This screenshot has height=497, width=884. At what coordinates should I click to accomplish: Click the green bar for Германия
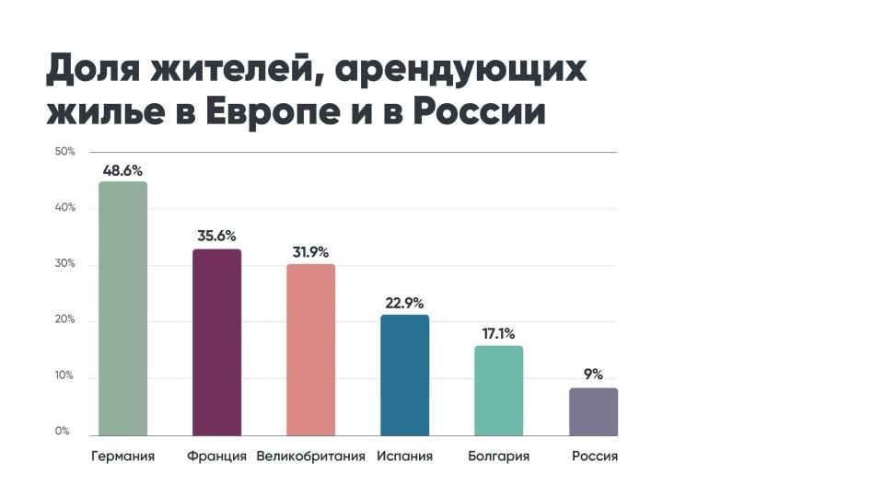pyautogui.click(x=122, y=308)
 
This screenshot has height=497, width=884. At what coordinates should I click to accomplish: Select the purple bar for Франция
pyautogui.click(x=216, y=342)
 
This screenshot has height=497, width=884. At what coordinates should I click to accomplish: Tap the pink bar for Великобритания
pyautogui.click(x=310, y=350)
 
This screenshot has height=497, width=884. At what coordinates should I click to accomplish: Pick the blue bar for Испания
pyautogui.click(x=404, y=375)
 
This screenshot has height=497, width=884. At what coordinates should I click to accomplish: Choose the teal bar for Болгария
pyautogui.click(x=498, y=390)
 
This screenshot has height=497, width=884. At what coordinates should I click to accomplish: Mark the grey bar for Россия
pyautogui.click(x=593, y=411)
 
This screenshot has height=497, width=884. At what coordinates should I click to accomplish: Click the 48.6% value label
pyautogui.click(x=122, y=170)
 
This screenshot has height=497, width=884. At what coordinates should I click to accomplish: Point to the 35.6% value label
pyautogui.click(x=216, y=237)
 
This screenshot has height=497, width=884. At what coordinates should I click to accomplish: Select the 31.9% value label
pyautogui.click(x=310, y=252)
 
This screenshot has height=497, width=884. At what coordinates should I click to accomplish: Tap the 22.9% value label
pyautogui.click(x=404, y=303)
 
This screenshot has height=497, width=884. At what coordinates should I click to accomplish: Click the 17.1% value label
pyautogui.click(x=498, y=333)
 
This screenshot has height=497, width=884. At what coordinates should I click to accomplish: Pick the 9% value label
pyautogui.click(x=592, y=375)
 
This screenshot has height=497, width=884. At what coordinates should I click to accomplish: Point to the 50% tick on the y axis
pyautogui.click(x=64, y=151)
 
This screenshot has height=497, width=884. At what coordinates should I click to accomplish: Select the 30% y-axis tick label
pyautogui.click(x=64, y=264)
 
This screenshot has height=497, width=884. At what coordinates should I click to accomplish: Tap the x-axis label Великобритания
pyautogui.click(x=310, y=457)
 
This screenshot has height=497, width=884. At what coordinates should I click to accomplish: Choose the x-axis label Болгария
pyautogui.click(x=498, y=457)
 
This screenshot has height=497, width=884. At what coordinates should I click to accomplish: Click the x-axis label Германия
pyautogui.click(x=122, y=457)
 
